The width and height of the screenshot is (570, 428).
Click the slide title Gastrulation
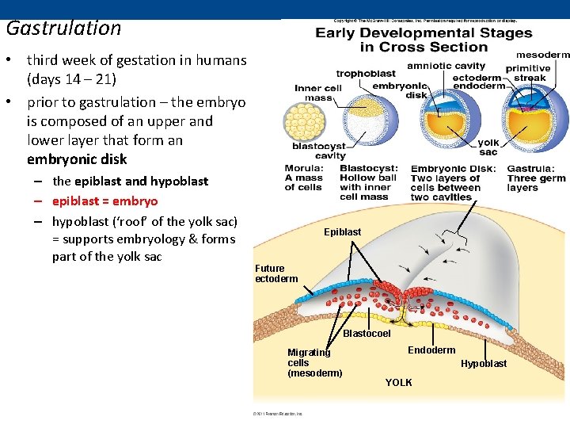click(63, 29)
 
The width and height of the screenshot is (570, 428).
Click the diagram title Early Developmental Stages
click(424, 33)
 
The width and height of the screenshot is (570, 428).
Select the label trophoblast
click(367, 75)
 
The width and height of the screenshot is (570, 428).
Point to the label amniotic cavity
click(446, 66)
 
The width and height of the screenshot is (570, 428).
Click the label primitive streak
click(529, 73)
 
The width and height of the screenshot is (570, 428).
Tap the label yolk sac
click(488, 147)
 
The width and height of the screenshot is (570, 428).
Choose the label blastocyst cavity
click(319, 151)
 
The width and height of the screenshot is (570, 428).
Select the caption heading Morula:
click(304, 169)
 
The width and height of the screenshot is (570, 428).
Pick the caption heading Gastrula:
click(530, 169)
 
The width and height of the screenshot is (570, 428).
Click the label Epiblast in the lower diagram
click(342, 232)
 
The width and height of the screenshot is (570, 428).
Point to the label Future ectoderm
click(276, 273)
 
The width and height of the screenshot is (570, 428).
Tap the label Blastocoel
click(367, 334)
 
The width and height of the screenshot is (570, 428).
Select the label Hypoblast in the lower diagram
click(484, 364)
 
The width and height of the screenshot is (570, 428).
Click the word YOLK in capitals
click(398, 383)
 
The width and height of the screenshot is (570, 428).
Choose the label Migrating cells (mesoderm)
click(314, 363)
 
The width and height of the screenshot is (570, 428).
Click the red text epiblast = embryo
click(104, 201)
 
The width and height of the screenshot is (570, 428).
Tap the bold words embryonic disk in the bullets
click(77, 159)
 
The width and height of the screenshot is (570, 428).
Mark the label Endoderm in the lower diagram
click(431, 350)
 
